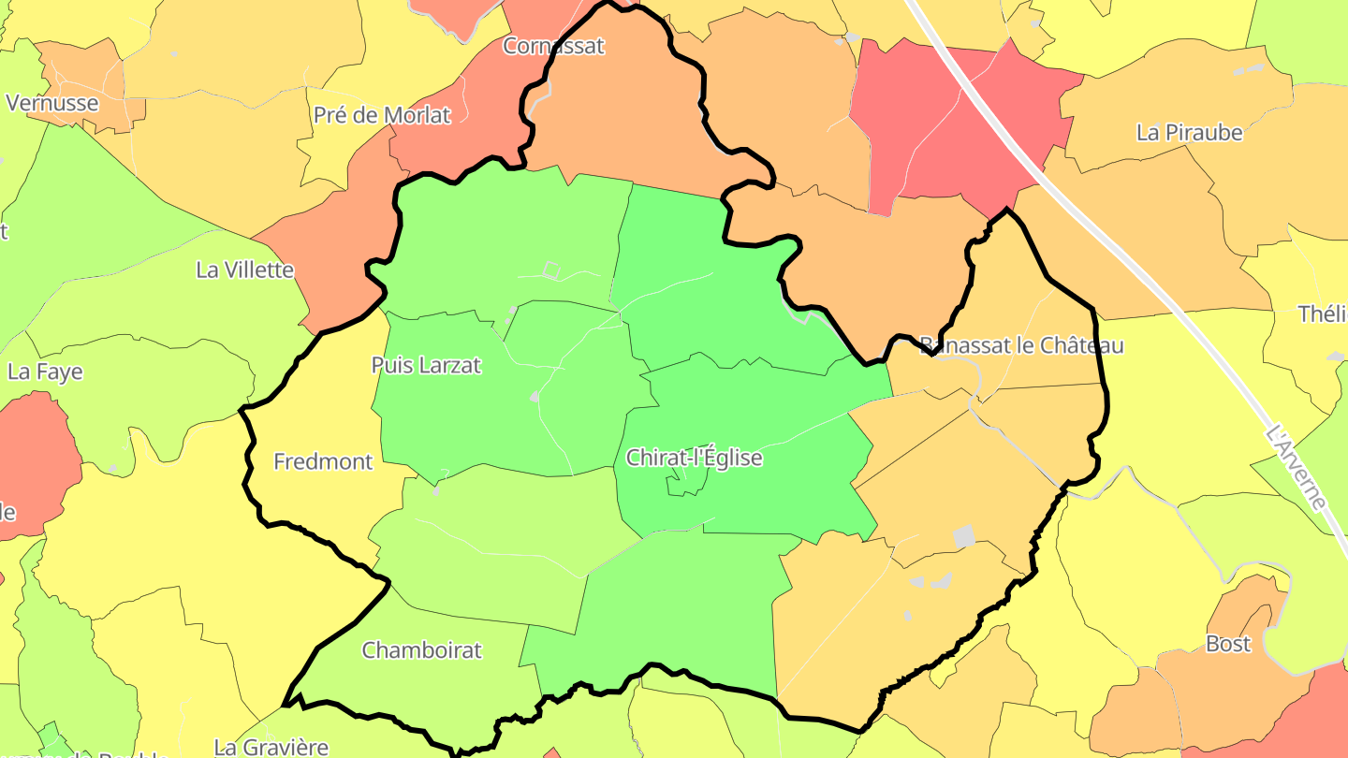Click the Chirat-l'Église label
click(694, 459)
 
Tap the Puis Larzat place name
click(426, 366)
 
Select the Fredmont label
click(323, 461)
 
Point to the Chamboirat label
click(421, 649)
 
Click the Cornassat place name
click(554, 45)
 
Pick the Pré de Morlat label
click(382, 115)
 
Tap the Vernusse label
click(52, 103)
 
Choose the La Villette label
click(244, 270)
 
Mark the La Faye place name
click(45, 372)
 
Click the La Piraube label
click(1189, 132)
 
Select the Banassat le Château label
click(1021, 345)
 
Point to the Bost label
click(1227, 644)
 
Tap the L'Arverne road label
click(1296, 468)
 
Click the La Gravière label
click(271, 747)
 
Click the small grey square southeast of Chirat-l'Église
click(963, 536)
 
